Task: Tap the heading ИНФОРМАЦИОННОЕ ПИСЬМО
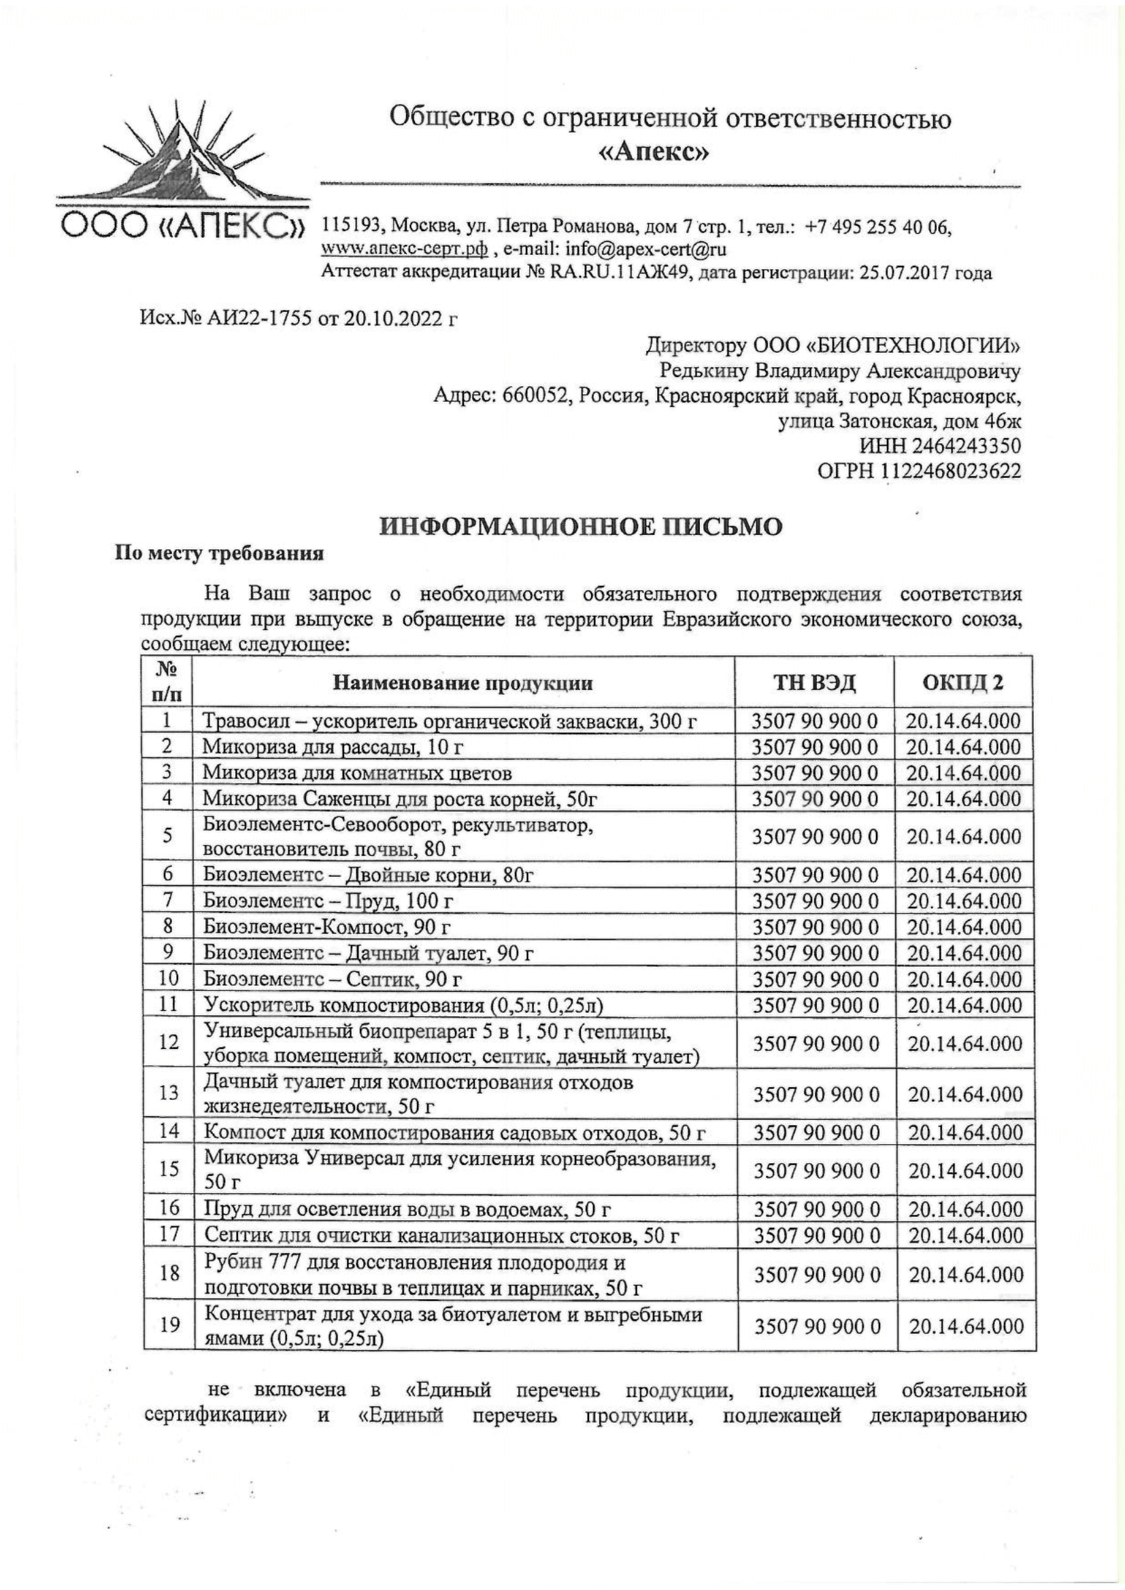pos(581,527)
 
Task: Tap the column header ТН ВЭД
pos(815,683)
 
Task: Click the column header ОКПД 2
pos(963,683)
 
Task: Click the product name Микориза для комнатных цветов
pos(358,773)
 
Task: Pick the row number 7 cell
pos(167,900)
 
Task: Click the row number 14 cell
pos(167,1132)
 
